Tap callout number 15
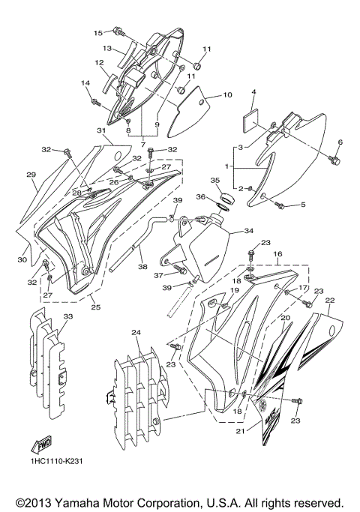tap(97, 33)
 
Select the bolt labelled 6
tap(334, 160)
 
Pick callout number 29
tap(31, 175)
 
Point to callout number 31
tap(102, 130)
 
